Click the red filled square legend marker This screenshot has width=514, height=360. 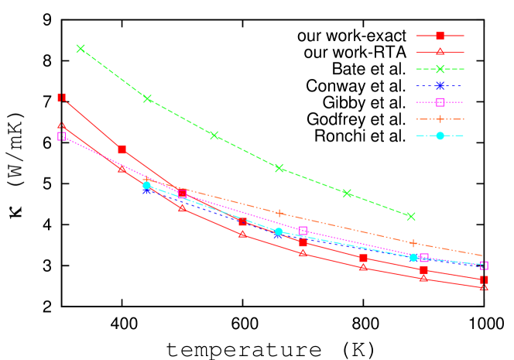coord(440,36)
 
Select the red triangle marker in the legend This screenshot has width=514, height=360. coord(440,53)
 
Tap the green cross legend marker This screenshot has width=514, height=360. coord(440,69)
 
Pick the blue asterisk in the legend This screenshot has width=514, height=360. coord(440,86)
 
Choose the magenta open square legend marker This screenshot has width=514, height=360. coord(440,102)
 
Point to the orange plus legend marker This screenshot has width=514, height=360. coord(440,119)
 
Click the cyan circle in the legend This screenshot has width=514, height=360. coord(440,135)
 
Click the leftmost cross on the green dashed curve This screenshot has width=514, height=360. coord(81,49)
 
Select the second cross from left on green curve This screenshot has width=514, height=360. coord(147,98)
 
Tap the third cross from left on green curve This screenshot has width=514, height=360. coord(214,135)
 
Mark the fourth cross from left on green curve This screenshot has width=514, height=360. coord(279,168)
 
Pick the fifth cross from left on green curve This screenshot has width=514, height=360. coord(347,193)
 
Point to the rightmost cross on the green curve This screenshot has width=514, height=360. coord(411,216)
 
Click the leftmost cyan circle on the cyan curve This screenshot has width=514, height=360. coord(146,186)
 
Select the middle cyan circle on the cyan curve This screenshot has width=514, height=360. coord(279,231)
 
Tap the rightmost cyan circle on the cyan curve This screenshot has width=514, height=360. coord(413,257)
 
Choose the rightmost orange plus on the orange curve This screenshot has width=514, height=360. coord(413,243)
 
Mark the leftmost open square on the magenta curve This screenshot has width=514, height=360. coord(62,136)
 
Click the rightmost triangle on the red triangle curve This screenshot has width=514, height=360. coord(484,287)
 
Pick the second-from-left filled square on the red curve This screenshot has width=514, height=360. coord(122,149)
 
